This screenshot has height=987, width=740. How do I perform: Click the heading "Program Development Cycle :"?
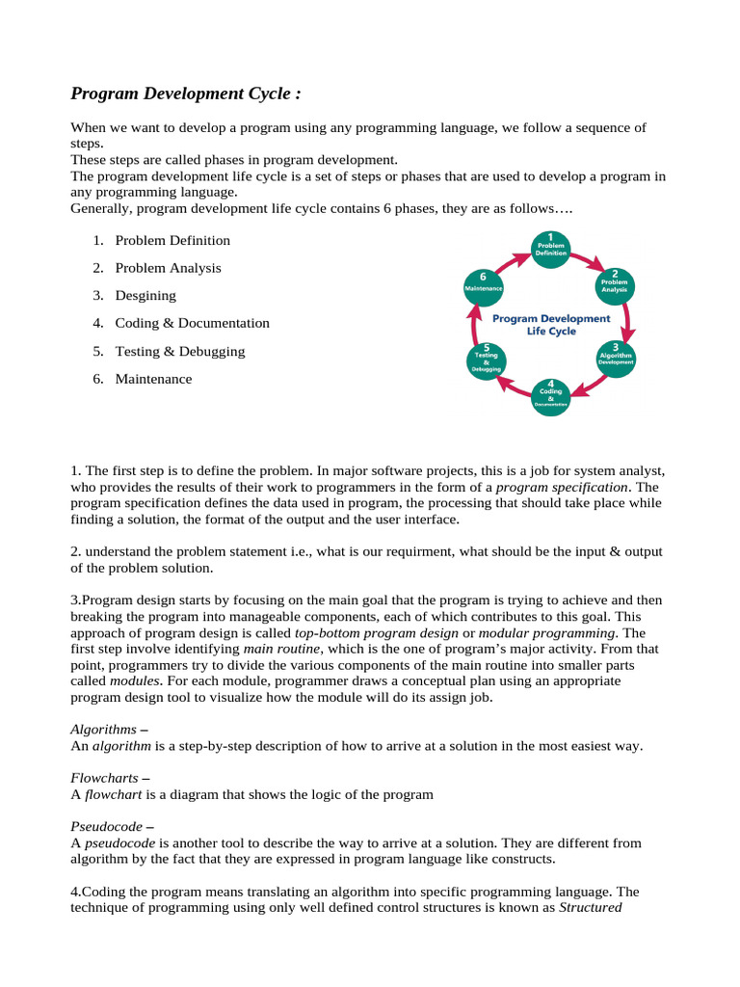click(186, 93)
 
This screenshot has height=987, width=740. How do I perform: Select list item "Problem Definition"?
click(172, 240)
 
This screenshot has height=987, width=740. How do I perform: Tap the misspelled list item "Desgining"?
click(145, 296)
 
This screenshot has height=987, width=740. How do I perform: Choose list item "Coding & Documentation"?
click(192, 324)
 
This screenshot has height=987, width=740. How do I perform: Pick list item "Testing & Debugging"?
click(179, 352)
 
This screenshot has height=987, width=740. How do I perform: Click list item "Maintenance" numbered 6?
click(153, 380)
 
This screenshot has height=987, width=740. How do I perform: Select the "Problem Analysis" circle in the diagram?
click(614, 282)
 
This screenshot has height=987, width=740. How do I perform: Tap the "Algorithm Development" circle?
click(615, 358)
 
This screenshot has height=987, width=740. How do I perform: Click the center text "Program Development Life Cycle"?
click(550, 324)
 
